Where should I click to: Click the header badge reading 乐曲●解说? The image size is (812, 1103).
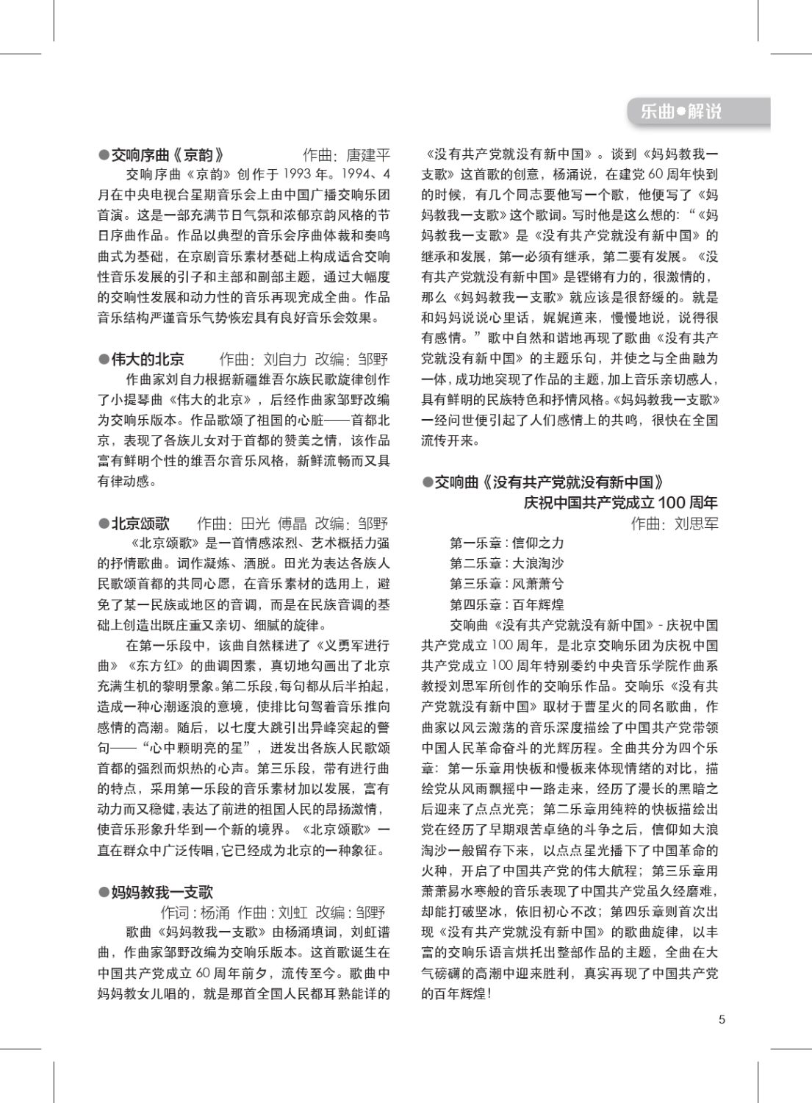[681, 112]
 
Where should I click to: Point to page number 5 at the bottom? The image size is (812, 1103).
[722, 1019]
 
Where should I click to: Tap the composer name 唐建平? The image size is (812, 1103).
[368, 155]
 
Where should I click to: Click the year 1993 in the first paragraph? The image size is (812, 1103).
[297, 174]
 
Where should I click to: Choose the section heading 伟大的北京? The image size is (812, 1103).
[148, 359]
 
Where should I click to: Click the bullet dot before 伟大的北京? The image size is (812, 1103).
[104, 359]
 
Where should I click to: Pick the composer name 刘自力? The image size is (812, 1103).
[284, 359]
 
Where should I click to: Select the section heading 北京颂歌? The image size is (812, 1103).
[140, 523]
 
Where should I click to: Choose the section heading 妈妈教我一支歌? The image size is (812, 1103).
[162, 892]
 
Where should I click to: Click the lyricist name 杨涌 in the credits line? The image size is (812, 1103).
[215, 913]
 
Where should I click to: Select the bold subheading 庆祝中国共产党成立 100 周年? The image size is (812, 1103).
[620, 503]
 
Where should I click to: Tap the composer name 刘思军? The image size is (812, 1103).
[696, 524]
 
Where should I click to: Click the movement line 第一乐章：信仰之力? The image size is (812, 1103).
[506, 543]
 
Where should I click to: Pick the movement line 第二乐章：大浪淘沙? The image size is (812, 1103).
[506, 563]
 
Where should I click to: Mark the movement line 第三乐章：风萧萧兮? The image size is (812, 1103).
[506, 584]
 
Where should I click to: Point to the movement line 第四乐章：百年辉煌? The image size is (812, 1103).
[506, 604]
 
